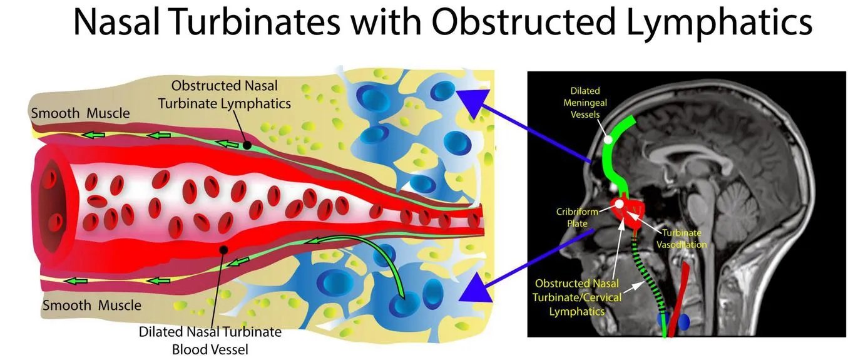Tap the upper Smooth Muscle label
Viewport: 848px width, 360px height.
[80, 113]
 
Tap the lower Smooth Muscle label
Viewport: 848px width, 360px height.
[91, 305]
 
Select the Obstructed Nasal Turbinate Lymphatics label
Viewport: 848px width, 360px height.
[225, 95]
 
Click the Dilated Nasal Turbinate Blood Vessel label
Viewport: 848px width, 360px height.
[210, 341]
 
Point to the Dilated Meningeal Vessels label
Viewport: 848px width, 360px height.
[585, 103]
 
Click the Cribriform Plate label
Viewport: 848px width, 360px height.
[577, 217]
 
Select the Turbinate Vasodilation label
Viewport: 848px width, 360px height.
[682, 239]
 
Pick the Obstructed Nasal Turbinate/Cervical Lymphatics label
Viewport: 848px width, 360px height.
[577, 297]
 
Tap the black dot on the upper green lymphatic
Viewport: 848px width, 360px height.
[247, 145]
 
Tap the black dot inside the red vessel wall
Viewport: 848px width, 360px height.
[224, 250]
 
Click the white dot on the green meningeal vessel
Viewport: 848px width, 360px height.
[608, 140]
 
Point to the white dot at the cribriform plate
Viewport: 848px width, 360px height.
[619, 204]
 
